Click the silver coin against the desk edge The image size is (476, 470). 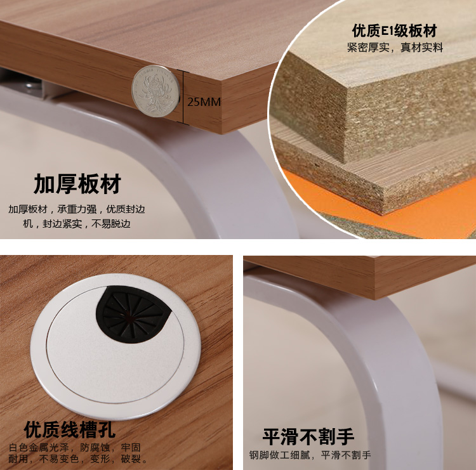click(155, 91)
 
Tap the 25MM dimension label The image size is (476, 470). click(204, 102)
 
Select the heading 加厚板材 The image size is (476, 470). click(77, 184)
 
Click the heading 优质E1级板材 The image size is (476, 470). click(394, 30)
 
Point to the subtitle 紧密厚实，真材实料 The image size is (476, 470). click(395, 48)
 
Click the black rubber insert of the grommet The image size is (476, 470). click(133, 314)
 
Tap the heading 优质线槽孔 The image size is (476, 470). click(70, 429)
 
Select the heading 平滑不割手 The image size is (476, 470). click(308, 436)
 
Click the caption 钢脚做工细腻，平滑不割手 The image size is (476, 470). click(310, 455)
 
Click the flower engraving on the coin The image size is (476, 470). click(155, 91)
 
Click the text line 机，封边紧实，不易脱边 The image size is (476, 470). click(77, 224)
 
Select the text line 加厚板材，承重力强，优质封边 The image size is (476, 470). click(77, 209)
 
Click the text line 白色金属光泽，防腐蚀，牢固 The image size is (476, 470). click(75, 447)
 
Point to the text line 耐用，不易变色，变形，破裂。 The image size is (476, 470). click(77, 459)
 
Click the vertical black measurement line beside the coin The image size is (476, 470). click(183, 97)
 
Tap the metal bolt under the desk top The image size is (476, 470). click(31, 86)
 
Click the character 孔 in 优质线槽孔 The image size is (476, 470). click(107, 429)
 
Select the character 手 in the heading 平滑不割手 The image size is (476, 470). click(345, 436)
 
